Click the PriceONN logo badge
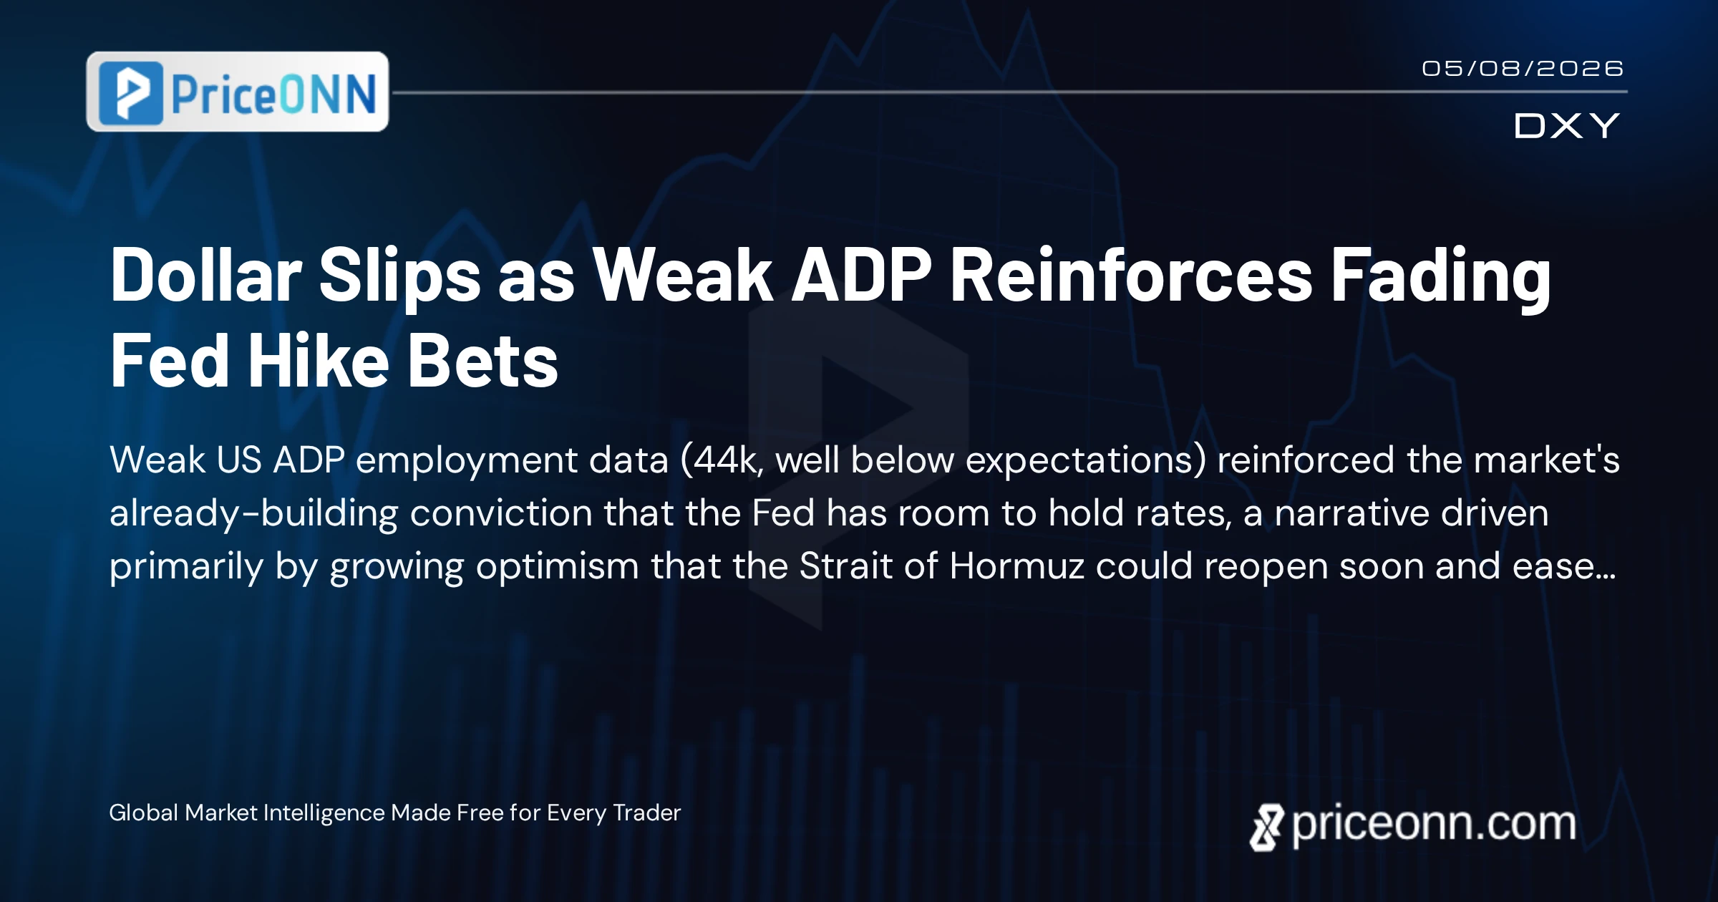tap(237, 92)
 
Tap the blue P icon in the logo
tap(131, 93)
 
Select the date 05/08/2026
tap(1522, 69)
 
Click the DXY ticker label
tap(1566, 126)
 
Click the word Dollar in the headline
tap(206, 275)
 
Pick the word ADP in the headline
tap(861, 275)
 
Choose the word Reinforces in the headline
tap(1131, 275)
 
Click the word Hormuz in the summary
tap(1016, 566)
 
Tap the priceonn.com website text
tap(1434, 825)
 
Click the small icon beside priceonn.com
tap(1267, 828)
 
